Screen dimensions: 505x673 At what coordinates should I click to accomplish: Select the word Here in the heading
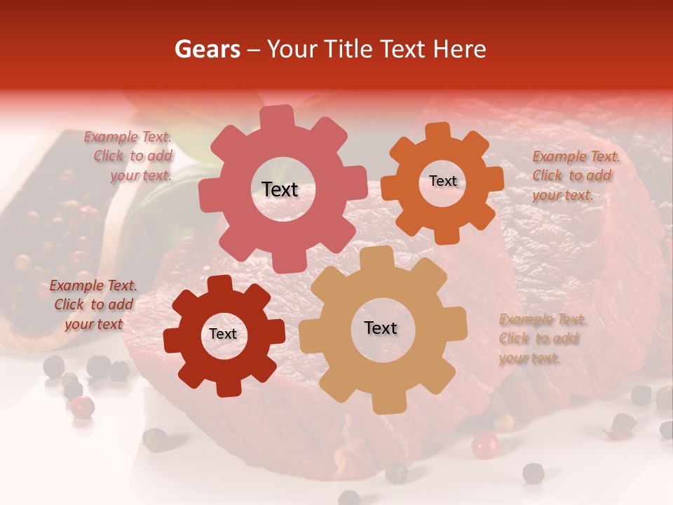pos(459,48)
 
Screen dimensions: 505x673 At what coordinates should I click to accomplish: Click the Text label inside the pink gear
pos(280,189)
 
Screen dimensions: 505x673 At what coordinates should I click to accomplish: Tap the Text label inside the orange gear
pos(442,181)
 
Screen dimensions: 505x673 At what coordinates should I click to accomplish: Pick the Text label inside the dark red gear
pos(223,334)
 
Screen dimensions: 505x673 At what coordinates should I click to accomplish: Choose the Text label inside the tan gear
pos(381,328)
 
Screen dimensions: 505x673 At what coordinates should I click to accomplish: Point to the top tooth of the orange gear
pos(439,133)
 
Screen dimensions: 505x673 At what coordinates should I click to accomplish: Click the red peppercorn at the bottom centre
pos(484,445)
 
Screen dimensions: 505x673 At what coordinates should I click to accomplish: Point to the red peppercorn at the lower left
pos(83,406)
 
